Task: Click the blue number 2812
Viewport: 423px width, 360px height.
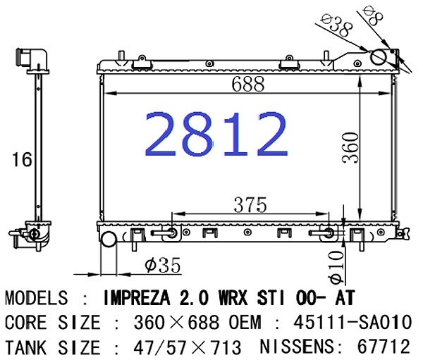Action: tap(216, 134)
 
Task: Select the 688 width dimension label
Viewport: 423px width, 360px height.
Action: tap(248, 83)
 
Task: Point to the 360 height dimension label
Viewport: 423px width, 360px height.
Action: tap(350, 147)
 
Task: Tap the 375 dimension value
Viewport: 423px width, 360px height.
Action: tap(250, 205)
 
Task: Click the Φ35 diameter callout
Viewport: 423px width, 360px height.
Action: tap(162, 266)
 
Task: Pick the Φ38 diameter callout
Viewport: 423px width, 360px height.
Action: tap(338, 25)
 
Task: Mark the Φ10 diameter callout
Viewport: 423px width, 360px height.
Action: tap(337, 268)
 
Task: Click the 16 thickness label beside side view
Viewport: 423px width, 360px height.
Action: tap(22, 159)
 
